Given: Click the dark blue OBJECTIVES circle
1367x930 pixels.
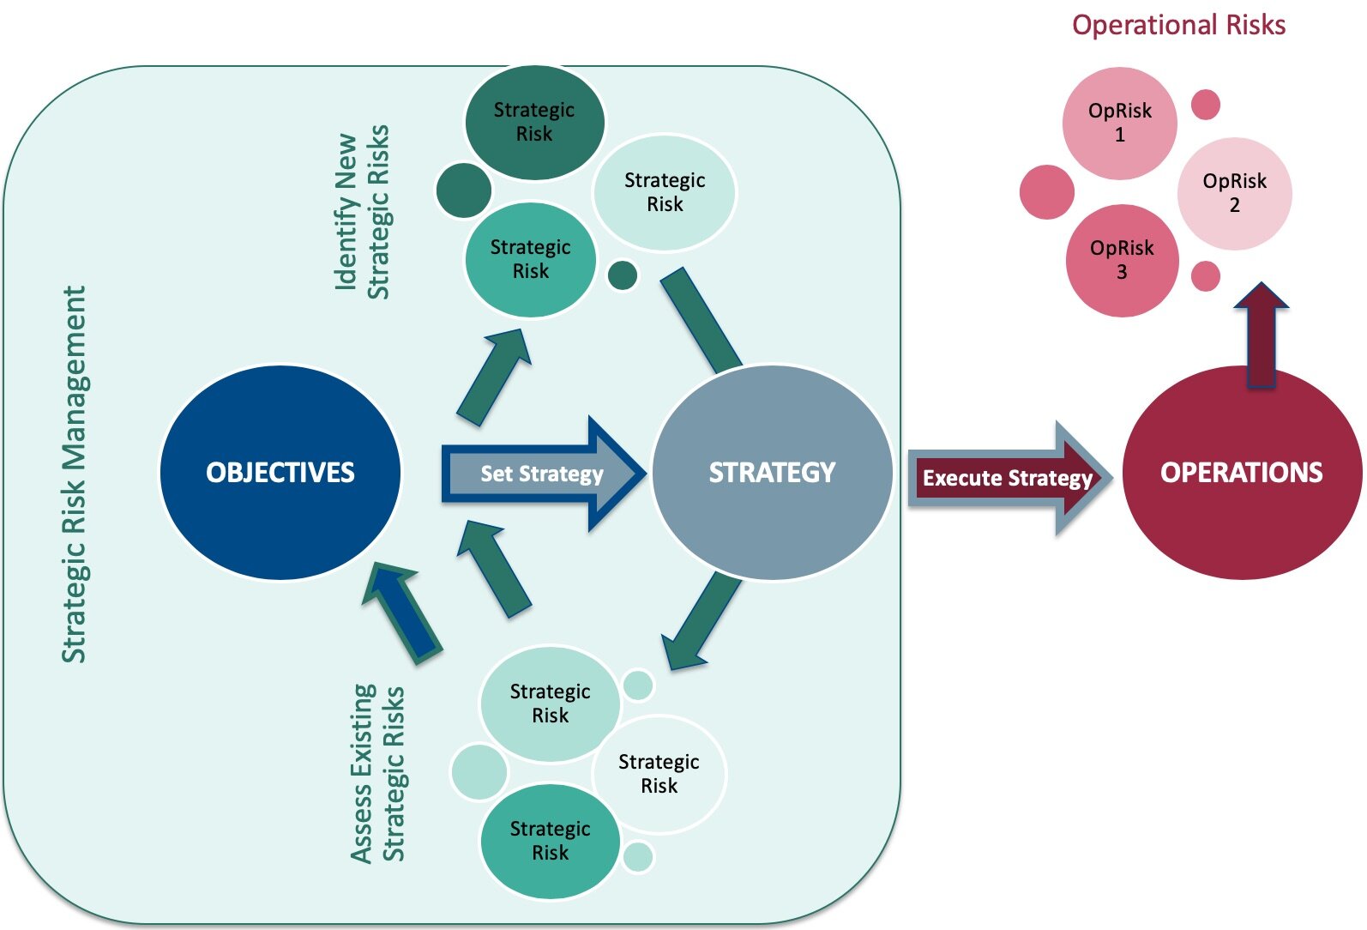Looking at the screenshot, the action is pyautogui.click(x=280, y=472).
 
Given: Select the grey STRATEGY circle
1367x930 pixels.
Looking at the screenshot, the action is pyautogui.click(x=772, y=472).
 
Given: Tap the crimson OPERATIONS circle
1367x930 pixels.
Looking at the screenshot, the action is pyautogui.click(x=1242, y=472).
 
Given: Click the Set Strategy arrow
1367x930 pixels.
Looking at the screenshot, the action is pyautogui.click(x=543, y=474).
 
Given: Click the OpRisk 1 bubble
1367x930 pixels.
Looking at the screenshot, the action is pyautogui.click(x=1120, y=123).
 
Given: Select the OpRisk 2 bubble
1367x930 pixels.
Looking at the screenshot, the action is pyautogui.click(x=1235, y=194).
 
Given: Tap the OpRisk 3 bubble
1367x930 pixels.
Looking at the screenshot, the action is pyautogui.click(x=1123, y=260).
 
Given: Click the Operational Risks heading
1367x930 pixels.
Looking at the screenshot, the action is pyautogui.click(x=1178, y=25).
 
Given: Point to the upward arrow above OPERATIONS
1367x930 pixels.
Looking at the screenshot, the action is pyautogui.click(x=1261, y=335).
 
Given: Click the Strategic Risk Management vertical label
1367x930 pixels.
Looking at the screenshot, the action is pyautogui.click(x=75, y=474).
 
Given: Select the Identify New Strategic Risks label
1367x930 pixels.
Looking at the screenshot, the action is pyautogui.click(x=362, y=212).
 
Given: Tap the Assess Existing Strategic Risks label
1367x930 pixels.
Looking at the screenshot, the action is pyautogui.click(x=377, y=773).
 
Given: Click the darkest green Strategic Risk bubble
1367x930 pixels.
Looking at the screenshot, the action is pyautogui.click(x=534, y=122).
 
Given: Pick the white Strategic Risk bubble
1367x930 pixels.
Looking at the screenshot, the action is pyautogui.click(x=659, y=774).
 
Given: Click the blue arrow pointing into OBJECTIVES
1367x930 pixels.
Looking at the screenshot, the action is pyautogui.click(x=402, y=613).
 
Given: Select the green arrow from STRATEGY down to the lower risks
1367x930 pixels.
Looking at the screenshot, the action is pyautogui.click(x=702, y=621).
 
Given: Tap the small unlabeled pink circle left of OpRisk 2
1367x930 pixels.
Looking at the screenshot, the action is pyautogui.click(x=1046, y=191).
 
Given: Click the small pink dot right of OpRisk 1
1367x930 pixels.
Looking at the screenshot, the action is pyautogui.click(x=1205, y=105).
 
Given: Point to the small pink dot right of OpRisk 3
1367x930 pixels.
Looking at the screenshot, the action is pyautogui.click(x=1205, y=276).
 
